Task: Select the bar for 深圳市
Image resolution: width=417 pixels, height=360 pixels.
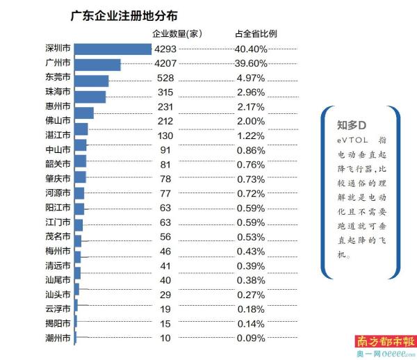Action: pyautogui.click(x=113, y=49)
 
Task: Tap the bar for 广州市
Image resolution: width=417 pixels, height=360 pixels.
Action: pyautogui.click(x=97, y=65)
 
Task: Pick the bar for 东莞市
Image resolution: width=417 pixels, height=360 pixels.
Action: pyautogui.click(x=91, y=81)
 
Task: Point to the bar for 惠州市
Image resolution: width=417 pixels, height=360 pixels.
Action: pyautogui.click(x=83, y=113)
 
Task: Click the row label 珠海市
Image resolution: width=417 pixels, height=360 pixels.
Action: pyautogui.click(x=57, y=97)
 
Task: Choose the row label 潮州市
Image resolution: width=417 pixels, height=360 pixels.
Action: pyautogui.click(x=57, y=338)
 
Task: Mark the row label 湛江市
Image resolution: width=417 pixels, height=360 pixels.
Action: pyautogui.click(x=57, y=129)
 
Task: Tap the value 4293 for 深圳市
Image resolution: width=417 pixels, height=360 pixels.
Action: pyautogui.click(x=167, y=49)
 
